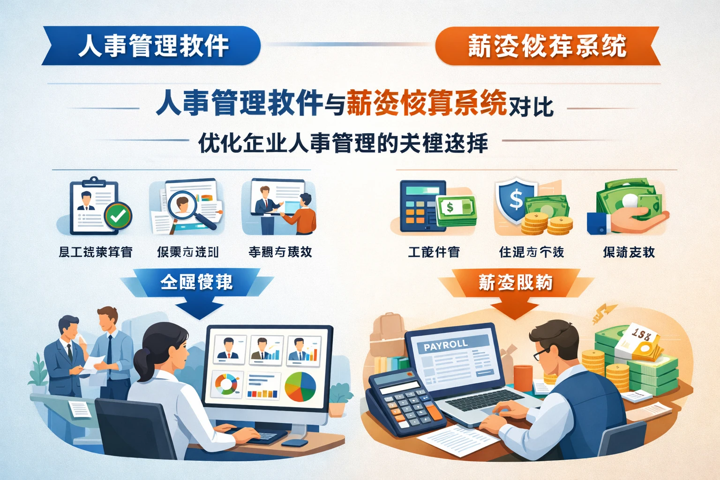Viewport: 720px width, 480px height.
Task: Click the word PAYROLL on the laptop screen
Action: [x=445, y=345]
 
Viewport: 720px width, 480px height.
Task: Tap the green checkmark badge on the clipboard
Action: [x=118, y=215]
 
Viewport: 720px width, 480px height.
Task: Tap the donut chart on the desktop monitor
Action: [x=226, y=384]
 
